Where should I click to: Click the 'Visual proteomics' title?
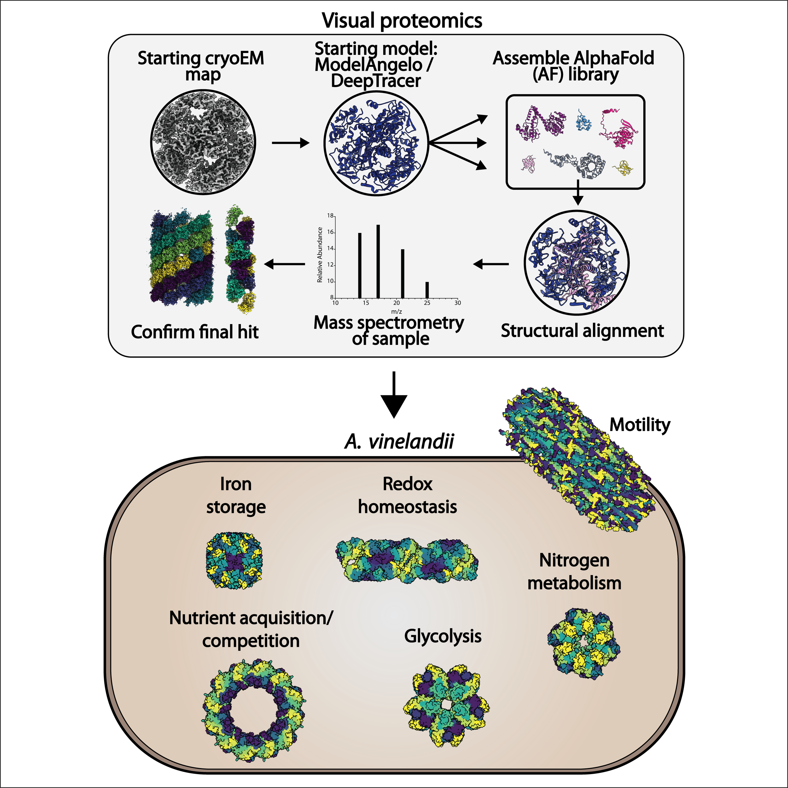point(402,20)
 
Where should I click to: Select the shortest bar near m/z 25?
point(427,290)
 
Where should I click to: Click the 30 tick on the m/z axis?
point(458,303)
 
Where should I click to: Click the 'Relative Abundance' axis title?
point(320,255)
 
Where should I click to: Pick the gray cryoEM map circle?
point(203,143)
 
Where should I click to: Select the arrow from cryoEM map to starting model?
point(290,143)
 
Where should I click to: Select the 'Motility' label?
point(640,425)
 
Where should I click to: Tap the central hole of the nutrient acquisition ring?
point(254,711)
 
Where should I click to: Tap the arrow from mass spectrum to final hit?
point(285,264)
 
